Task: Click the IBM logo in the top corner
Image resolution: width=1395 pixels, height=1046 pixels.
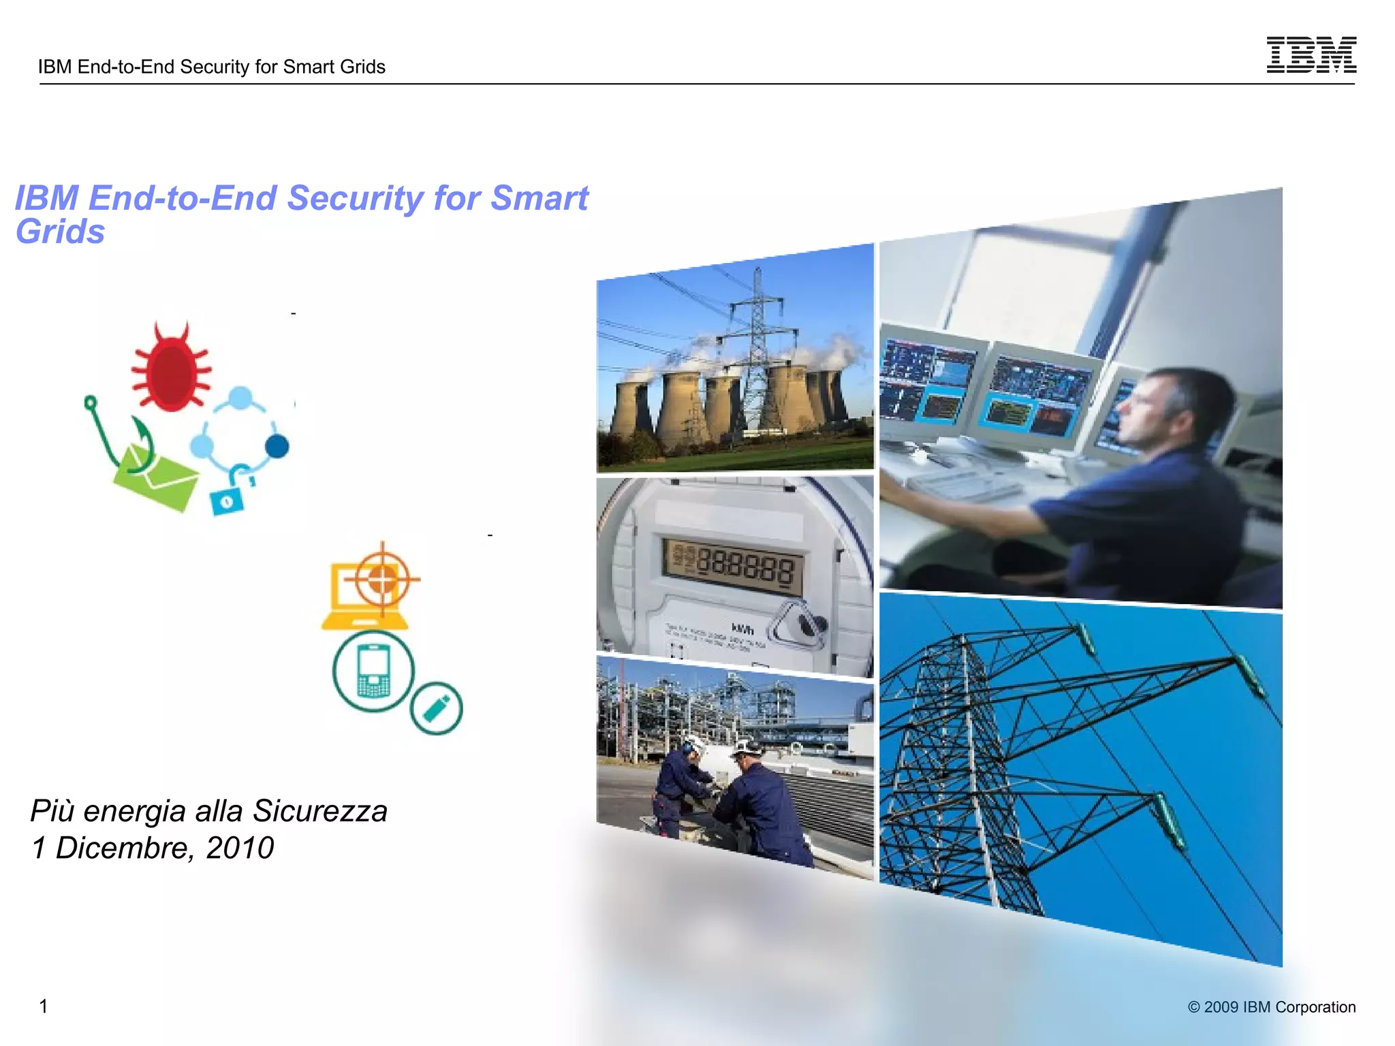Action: coord(1311,55)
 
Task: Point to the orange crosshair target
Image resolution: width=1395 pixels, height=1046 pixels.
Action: coord(382,580)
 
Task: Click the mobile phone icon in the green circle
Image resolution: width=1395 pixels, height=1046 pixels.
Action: coord(373,671)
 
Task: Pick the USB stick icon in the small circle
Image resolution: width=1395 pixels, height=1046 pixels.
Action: coord(436,708)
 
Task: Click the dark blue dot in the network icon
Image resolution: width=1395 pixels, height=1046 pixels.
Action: coord(277,447)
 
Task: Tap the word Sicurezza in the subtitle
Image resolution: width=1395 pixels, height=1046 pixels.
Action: coord(319,811)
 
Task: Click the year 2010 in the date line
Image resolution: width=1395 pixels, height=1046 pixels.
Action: coord(240,848)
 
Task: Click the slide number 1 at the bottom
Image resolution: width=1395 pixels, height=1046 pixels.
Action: coord(44,1006)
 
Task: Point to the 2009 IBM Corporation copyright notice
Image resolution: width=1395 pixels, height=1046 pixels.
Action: coord(1271,1007)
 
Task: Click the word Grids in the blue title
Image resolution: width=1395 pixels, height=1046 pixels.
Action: coord(60,232)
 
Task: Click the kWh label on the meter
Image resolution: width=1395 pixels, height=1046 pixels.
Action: coord(742,629)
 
